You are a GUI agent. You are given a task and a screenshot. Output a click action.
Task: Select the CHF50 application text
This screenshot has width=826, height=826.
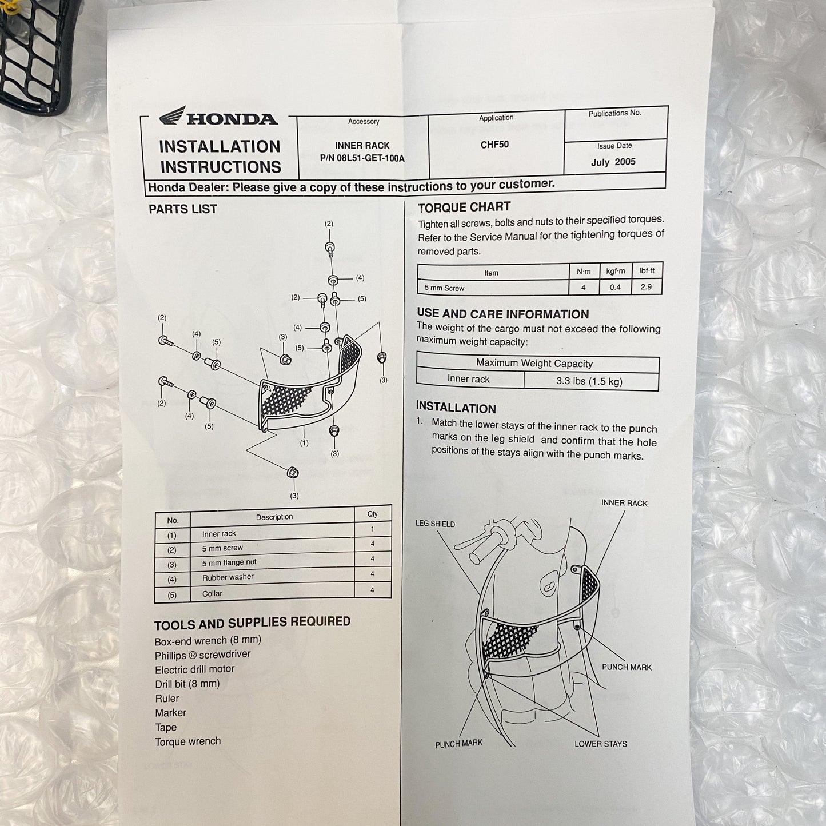click(x=494, y=145)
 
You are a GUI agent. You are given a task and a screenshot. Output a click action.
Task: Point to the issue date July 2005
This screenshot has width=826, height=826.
click(x=613, y=162)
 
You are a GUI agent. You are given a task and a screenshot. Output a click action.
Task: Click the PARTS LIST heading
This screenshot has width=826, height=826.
click(x=182, y=209)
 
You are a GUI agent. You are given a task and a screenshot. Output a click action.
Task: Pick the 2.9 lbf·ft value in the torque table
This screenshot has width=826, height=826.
click(x=646, y=287)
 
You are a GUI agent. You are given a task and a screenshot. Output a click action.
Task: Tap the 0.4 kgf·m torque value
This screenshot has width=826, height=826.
click(x=615, y=287)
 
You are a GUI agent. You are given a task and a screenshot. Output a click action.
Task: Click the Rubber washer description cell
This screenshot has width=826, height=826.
click(x=228, y=577)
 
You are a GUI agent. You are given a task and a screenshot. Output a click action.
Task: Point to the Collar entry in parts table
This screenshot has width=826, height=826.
click(x=212, y=594)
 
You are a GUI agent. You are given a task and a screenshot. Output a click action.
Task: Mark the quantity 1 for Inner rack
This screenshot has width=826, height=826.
click(x=373, y=529)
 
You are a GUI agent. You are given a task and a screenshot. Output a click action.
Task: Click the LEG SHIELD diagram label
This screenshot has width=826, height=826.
click(x=435, y=524)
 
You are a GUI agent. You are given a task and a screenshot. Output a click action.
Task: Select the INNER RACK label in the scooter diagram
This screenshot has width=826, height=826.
click(x=624, y=503)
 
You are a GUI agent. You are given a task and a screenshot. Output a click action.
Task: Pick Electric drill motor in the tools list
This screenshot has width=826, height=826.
click(x=194, y=669)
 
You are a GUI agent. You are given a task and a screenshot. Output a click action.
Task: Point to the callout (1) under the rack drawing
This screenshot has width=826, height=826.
click(x=304, y=443)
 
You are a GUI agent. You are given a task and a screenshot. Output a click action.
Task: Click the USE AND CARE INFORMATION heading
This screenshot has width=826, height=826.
click(x=503, y=314)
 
